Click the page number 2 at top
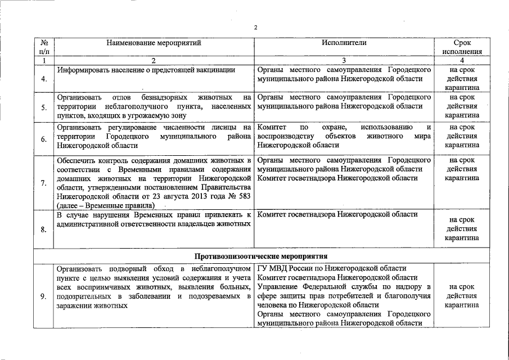pyautogui.click(x=255, y=27)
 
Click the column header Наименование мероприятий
pyautogui.click(x=153, y=42)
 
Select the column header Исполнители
pyautogui.click(x=344, y=42)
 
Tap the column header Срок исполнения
pyautogui.click(x=462, y=47)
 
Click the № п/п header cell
pyautogui.click(x=43, y=47)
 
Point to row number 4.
pyautogui.click(x=43, y=79)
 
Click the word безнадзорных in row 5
pyautogui.click(x=166, y=97)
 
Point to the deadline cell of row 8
pyautogui.click(x=462, y=228)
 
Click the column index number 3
pyautogui.click(x=344, y=60)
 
